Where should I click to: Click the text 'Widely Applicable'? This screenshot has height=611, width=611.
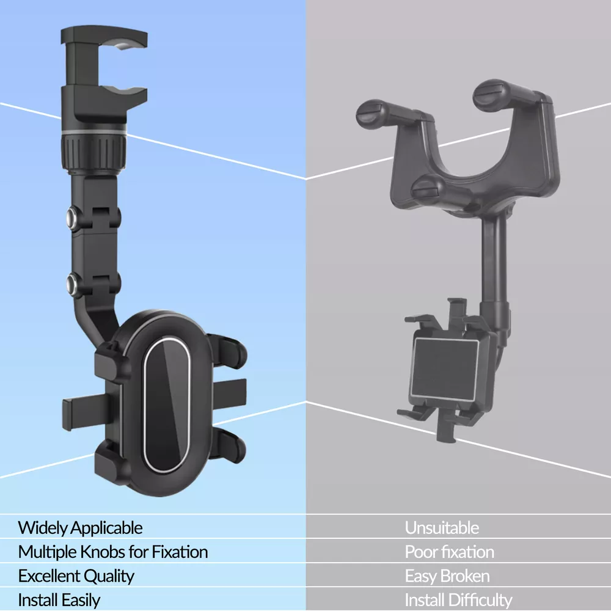(x=80, y=528)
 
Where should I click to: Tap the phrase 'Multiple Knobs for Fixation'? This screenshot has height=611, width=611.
(x=113, y=552)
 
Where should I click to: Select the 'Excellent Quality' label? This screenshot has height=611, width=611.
(x=76, y=576)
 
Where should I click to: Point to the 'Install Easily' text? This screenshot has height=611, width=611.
(x=59, y=600)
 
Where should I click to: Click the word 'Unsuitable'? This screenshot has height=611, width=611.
(x=442, y=528)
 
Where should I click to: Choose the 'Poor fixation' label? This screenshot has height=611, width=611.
(x=449, y=552)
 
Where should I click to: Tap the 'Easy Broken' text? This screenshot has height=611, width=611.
(x=447, y=576)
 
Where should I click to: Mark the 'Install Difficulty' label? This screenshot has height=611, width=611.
(x=458, y=600)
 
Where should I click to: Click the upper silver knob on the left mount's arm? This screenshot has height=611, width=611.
(x=73, y=217)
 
